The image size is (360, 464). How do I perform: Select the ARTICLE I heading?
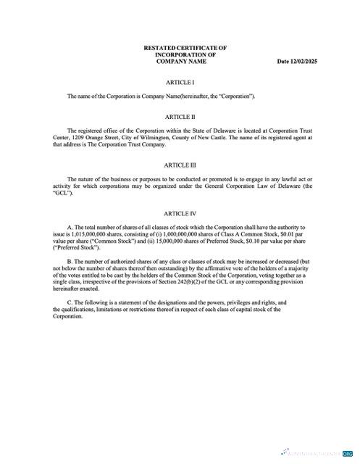click(180, 83)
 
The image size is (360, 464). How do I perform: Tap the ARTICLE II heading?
click(180, 116)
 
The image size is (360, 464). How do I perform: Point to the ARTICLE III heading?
click(180, 165)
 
